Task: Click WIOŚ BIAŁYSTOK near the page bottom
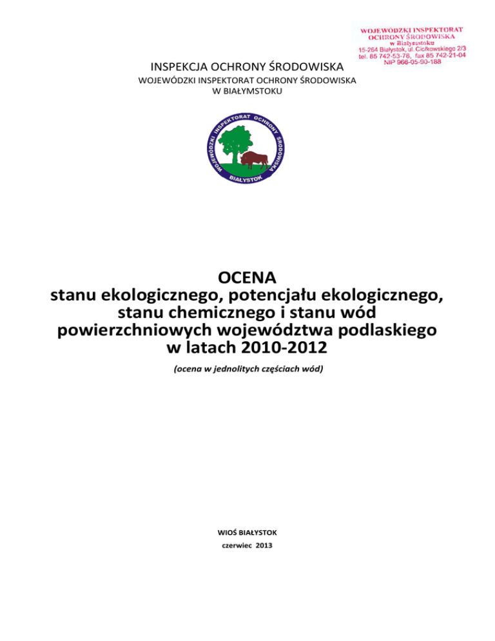(247, 533)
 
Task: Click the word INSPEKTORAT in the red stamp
(440, 29)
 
